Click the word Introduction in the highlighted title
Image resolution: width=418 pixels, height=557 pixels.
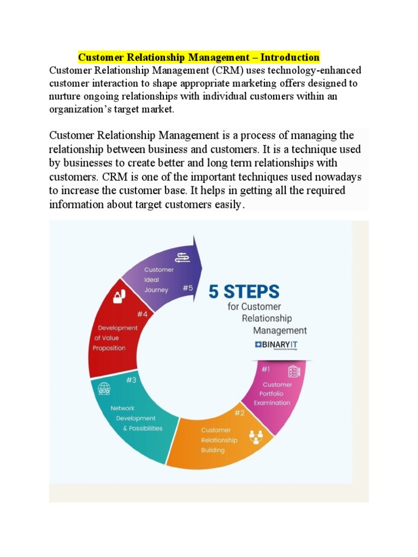tap(290, 57)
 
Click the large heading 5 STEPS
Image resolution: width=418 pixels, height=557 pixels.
tap(244, 292)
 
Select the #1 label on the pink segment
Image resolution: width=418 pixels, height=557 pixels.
tap(266, 369)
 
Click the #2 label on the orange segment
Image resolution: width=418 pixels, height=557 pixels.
tap(239, 413)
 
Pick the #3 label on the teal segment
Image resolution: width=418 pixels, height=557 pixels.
tap(131, 380)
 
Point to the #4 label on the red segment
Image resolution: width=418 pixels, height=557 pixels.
tap(143, 314)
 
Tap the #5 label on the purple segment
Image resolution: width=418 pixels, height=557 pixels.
tap(187, 288)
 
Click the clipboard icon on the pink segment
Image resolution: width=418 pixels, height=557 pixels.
tap(293, 371)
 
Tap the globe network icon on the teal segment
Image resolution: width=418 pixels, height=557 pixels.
tap(104, 389)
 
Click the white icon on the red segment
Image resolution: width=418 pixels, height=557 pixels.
tap(119, 296)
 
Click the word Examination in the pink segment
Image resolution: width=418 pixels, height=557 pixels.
tap(272, 403)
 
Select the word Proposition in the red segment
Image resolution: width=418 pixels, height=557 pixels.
tap(109, 348)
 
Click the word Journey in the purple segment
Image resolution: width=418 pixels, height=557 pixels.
tap(156, 290)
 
